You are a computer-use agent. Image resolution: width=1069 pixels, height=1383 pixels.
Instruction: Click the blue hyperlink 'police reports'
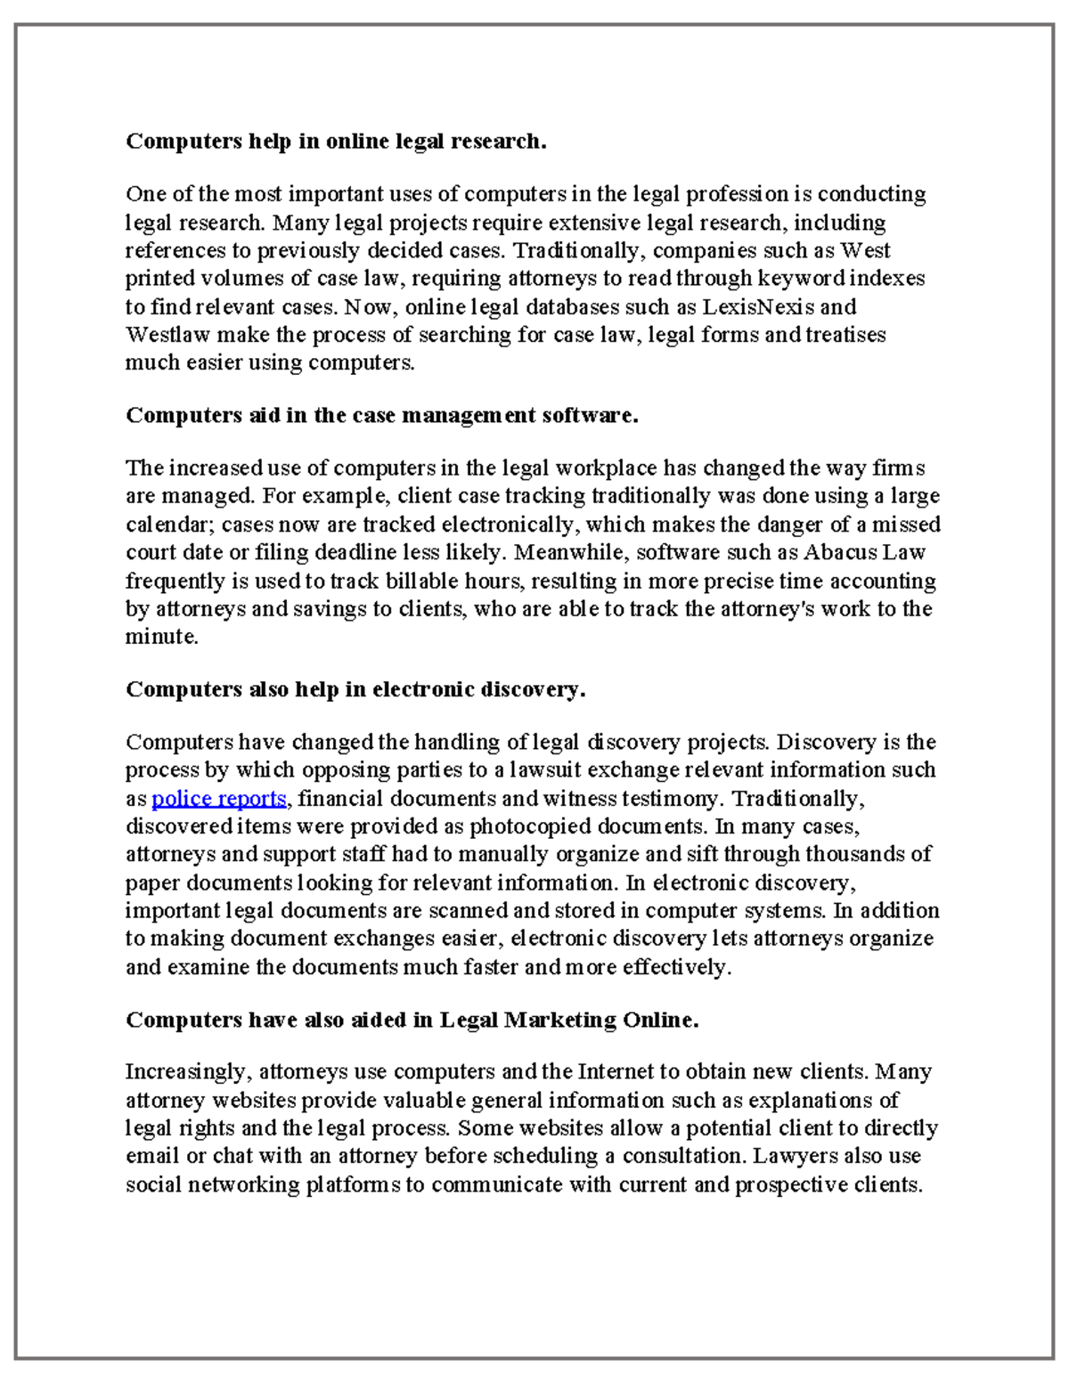[219, 798]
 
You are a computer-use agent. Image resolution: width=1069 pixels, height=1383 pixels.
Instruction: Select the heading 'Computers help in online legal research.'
[335, 141]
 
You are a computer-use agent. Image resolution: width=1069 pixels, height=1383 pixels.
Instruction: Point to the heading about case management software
[381, 415]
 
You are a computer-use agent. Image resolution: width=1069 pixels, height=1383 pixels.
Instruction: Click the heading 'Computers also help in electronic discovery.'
[355, 689]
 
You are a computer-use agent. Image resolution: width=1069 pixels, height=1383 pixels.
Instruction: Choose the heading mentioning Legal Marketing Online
[412, 1020]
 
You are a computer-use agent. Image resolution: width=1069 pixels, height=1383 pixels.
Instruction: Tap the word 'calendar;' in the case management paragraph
[169, 524]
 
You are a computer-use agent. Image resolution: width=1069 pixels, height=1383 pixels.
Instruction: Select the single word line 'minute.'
[161, 637]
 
